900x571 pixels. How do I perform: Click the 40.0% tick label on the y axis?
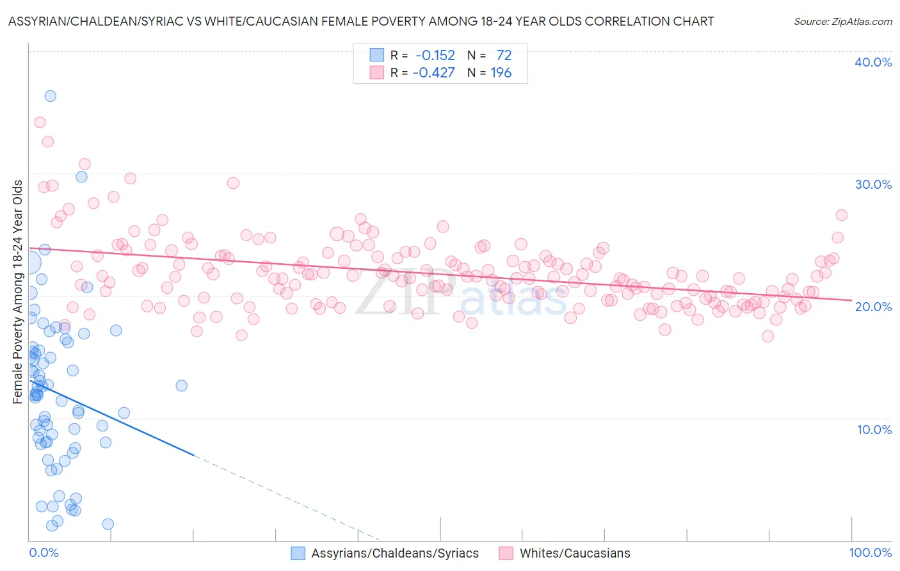pos(873,62)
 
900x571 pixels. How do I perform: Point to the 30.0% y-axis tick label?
pos(873,184)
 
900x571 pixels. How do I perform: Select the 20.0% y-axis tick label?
pos(873,307)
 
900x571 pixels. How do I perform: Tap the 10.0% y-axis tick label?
pos(874,430)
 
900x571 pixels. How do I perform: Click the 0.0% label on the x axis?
pos(44,553)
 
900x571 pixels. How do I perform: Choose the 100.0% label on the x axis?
pos(870,553)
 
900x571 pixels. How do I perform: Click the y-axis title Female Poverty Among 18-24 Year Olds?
pos(18,292)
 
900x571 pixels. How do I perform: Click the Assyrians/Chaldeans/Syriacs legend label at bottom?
pos(395,554)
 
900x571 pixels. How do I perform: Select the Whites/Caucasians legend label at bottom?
pos(575,554)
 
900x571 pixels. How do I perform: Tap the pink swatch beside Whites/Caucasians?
pos(506,554)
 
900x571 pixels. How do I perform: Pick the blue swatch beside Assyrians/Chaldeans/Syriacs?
pos(298,554)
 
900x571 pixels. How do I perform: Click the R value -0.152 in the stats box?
pos(435,56)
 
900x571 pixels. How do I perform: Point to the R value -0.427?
pos(433,73)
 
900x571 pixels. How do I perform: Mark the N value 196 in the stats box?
pos(501,73)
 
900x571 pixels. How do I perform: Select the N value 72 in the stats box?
pos(504,56)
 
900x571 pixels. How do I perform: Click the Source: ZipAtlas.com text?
pos(842,22)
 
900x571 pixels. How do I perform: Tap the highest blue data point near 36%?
pos(50,96)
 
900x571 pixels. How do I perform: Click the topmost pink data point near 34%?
pos(40,122)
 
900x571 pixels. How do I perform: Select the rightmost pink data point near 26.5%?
pos(841,215)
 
